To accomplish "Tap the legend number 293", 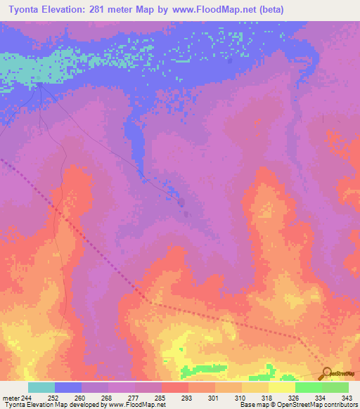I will coord(187,398).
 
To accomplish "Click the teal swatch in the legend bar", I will coord(41,387).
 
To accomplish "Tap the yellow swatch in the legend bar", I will coord(281,387).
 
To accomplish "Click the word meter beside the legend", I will coord(10,398).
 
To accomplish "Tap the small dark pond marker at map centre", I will coord(182,203).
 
